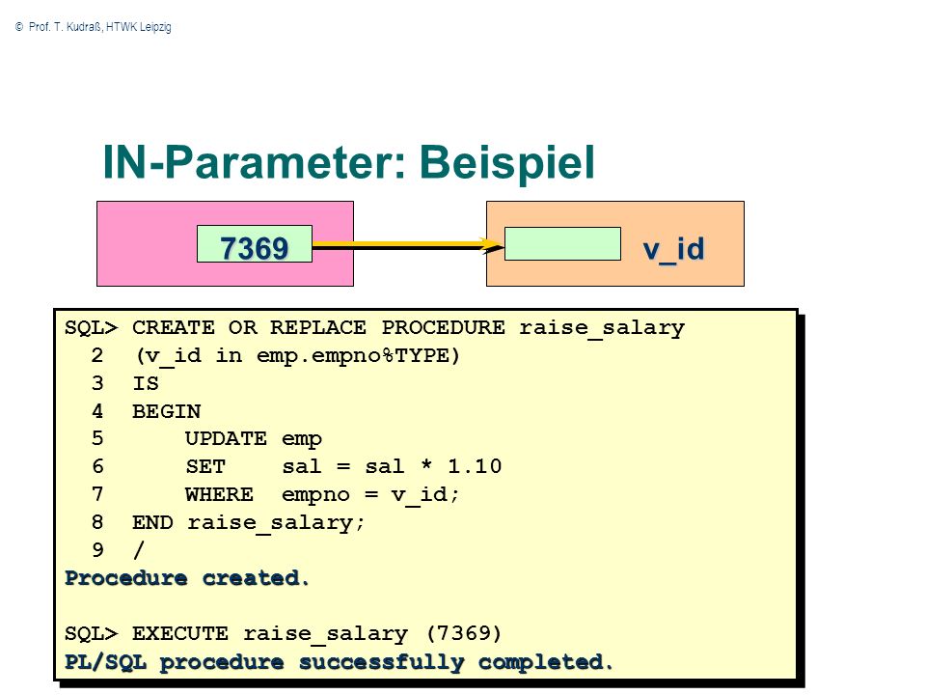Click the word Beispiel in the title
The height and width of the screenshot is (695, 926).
[506, 164]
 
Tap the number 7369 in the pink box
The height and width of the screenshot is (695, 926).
[254, 248]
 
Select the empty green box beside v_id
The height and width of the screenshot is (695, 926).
[562, 243]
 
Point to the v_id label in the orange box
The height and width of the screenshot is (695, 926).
[674, 249]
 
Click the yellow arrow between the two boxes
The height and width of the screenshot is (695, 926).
[407, 244]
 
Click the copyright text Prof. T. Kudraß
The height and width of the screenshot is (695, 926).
[65, 27]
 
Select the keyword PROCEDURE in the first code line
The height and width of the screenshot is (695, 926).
[443, 327]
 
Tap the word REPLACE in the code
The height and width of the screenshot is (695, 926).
[317, 327]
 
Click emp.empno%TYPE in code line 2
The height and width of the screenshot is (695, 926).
[353, 356]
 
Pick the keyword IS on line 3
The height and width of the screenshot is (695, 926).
[146, 383]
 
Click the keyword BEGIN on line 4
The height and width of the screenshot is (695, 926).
[167, 411]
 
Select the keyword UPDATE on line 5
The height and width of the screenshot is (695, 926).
[226, 438]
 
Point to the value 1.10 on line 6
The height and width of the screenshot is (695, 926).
[475, 466]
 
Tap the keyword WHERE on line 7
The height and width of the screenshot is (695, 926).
[219, 494]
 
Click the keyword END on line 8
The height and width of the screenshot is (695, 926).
[152, 522]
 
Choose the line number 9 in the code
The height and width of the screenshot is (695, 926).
[98, 550]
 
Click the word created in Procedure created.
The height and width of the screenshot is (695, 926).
[255, 578]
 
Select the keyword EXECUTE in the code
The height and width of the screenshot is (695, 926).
[180, 633]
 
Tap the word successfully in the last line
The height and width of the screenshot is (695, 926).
[382, 662]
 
